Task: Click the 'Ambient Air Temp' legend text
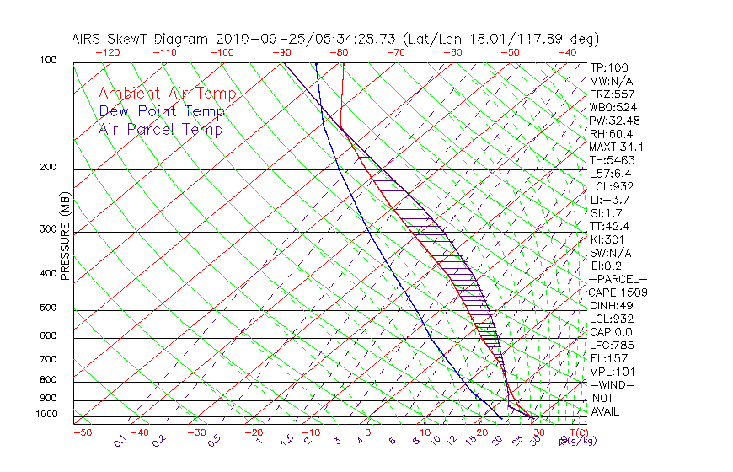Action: point(167,94)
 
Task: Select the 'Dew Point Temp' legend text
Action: point(161,111)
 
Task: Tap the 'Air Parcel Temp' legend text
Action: point(160,129)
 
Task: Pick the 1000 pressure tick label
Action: point(47,414)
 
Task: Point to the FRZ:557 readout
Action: point(612,94)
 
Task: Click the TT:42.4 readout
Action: point(610,226)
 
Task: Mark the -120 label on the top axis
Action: point(106,52)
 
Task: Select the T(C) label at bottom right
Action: point(578,432)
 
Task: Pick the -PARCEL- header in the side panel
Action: point(618,279)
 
